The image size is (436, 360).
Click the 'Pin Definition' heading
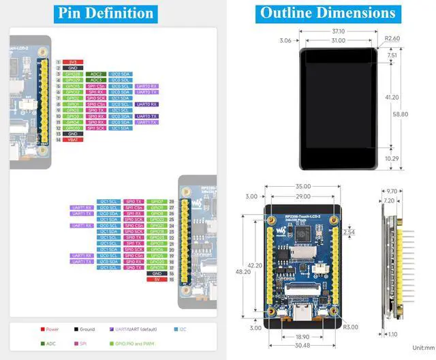point(106,13)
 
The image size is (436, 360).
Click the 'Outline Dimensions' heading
point(327,13)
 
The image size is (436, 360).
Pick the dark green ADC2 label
point(96,74)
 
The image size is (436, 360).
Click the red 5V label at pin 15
point(157,279)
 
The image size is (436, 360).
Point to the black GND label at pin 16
point(157,273)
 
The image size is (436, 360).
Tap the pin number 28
point(172,202)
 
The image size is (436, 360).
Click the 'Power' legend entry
point(52,329)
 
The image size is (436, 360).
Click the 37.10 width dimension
point(339,31)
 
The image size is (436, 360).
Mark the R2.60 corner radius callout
point(392,39)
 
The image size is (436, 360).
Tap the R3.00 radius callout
point(351,327)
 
